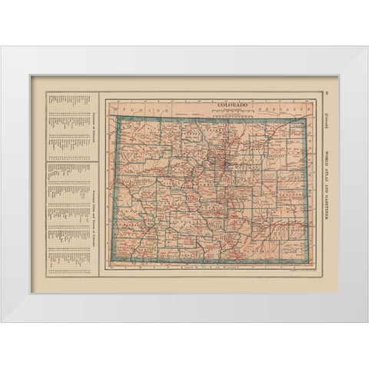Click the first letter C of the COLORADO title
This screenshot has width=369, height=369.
[x=218, y=105]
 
